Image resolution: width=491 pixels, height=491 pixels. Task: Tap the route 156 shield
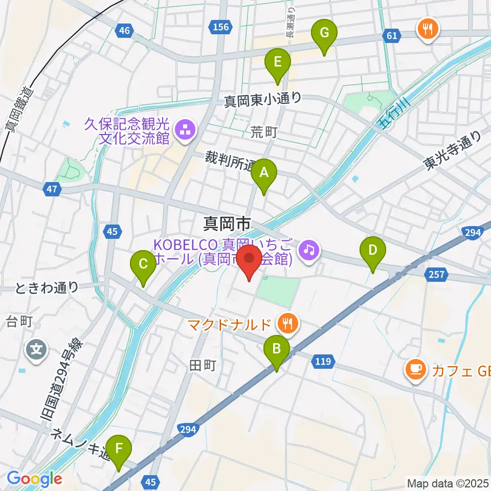(x=221, y=27)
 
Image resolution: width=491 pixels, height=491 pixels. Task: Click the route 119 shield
(x=322, y=362)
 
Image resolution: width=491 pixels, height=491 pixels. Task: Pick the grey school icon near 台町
(x=37, y=350)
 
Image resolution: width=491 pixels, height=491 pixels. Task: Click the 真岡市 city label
(x=227, y=223)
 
